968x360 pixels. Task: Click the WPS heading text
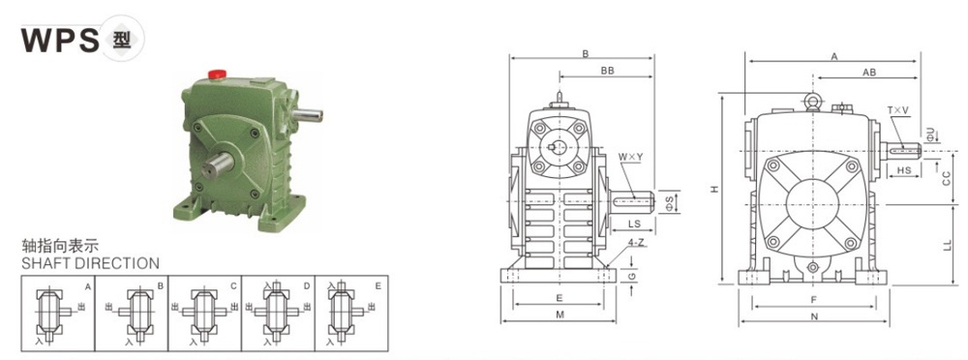coord(60,40)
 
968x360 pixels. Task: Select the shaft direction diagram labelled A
coord(56,312)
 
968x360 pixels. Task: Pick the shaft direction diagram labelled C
coord(205,312)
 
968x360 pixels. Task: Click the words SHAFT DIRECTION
coord(90,263)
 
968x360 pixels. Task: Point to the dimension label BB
coord(607,72)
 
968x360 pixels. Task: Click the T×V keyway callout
coord(897,112)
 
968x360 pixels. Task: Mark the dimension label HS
coord(902,170)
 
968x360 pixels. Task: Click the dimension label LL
coord(948,247)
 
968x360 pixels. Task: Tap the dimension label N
coord(814,316)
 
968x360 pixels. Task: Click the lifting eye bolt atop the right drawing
coord(813,100)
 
